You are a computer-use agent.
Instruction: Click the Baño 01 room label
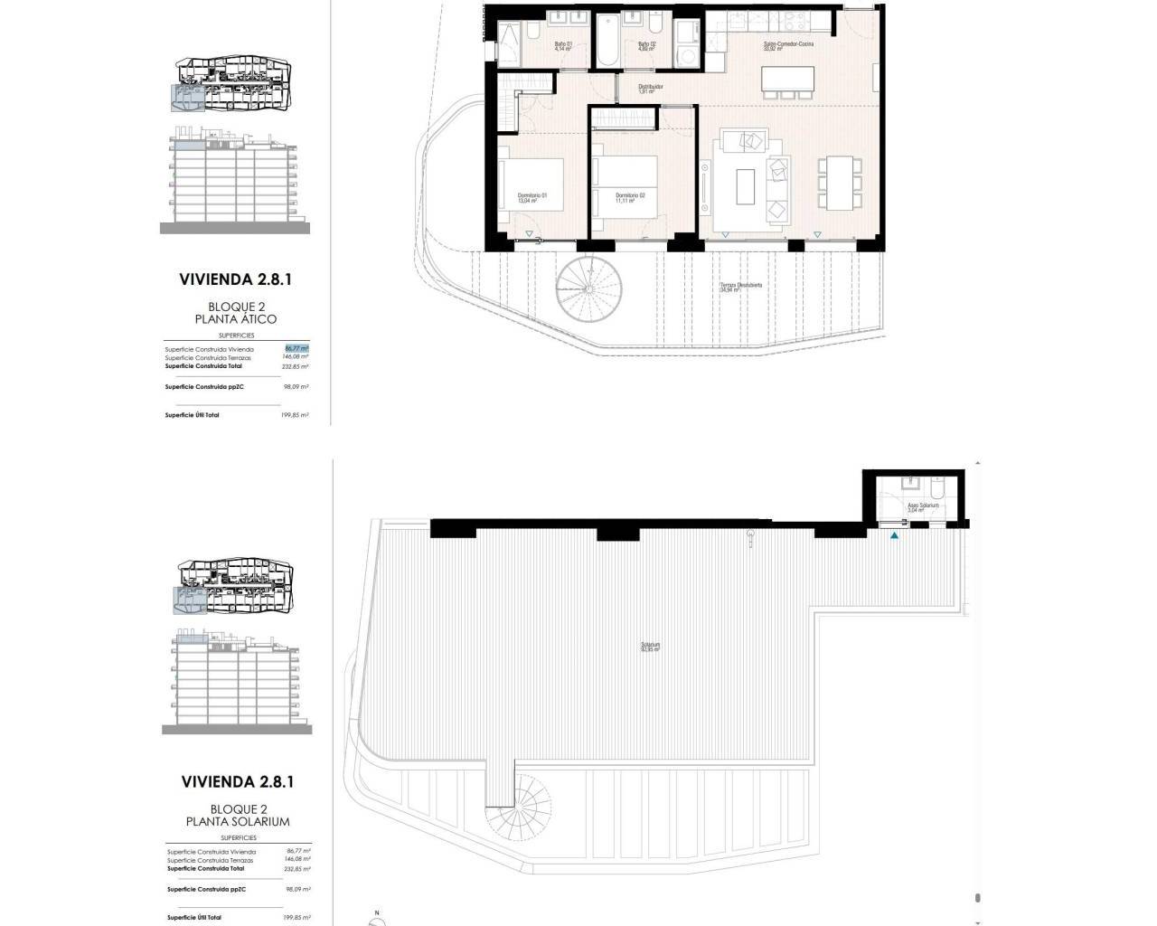click(x=562, y=45)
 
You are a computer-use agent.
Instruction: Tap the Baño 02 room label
click(x=646, y=45)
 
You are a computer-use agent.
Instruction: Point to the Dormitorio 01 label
click(x=532, y=198)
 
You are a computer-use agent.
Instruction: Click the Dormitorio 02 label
click(x=630, y=198)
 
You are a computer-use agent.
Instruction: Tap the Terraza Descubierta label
click(x=741, y=288)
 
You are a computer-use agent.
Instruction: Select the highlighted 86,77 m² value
click(x=296, y=348)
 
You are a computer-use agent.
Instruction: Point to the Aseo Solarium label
click(x=923, y=507)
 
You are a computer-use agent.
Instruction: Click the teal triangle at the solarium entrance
click(x=895, y=536)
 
